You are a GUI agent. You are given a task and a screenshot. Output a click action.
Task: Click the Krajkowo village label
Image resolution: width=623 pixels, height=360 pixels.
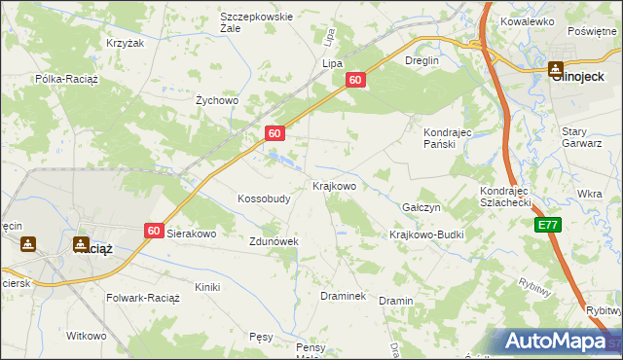[x=334, y=185]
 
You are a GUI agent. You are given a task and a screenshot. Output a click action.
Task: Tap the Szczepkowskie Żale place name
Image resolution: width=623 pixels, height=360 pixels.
[x=257, y=22]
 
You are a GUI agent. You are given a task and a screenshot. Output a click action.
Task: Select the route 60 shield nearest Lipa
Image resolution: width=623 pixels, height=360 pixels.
[x=356, y=81]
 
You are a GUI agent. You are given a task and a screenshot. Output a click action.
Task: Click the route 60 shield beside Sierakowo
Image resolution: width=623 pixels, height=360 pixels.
[x=154, y=231]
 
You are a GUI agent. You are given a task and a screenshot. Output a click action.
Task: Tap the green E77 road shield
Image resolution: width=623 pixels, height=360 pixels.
[x=548, y=225]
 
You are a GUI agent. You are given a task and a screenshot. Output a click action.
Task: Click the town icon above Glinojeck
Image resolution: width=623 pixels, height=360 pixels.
[x=555, y=69]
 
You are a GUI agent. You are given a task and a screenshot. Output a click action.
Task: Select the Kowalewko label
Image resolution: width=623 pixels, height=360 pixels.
[x=527, y=20]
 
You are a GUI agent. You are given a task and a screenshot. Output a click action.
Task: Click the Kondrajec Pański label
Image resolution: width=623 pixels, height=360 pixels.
[x=447, y=137]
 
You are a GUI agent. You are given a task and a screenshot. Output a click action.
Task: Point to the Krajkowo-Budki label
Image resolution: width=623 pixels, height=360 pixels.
[x=426, y=234]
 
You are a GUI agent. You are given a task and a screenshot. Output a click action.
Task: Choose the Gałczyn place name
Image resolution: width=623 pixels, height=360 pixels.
[x=421, y=208]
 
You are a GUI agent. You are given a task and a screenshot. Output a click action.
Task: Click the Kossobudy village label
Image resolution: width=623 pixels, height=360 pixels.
[x=264, y=198]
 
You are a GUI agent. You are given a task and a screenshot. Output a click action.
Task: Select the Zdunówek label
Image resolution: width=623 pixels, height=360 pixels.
[x=274, y=241]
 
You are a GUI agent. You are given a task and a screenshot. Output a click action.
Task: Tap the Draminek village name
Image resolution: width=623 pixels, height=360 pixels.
[x=343, y=295]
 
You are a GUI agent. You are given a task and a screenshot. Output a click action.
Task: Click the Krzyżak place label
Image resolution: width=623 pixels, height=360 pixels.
[x=125, y=44]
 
